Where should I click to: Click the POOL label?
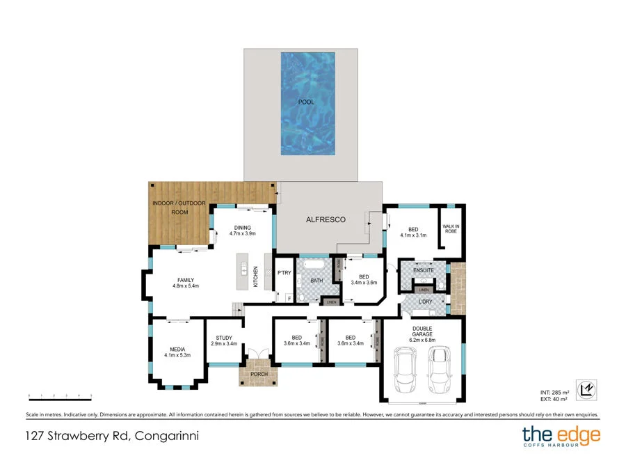[306, 102]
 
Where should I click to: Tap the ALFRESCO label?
[326, 219]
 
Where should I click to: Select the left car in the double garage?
[406, 369]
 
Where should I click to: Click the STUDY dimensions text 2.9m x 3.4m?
[224, 343]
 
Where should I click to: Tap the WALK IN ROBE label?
[451, 230]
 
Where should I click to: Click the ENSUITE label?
[423, 270]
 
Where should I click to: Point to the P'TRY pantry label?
[284, 273]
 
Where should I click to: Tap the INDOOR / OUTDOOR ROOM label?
[179, 207]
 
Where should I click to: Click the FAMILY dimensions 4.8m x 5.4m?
[186, 285]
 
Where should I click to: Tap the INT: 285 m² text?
[555, 392]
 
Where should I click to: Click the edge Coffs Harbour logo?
[561, 438]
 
